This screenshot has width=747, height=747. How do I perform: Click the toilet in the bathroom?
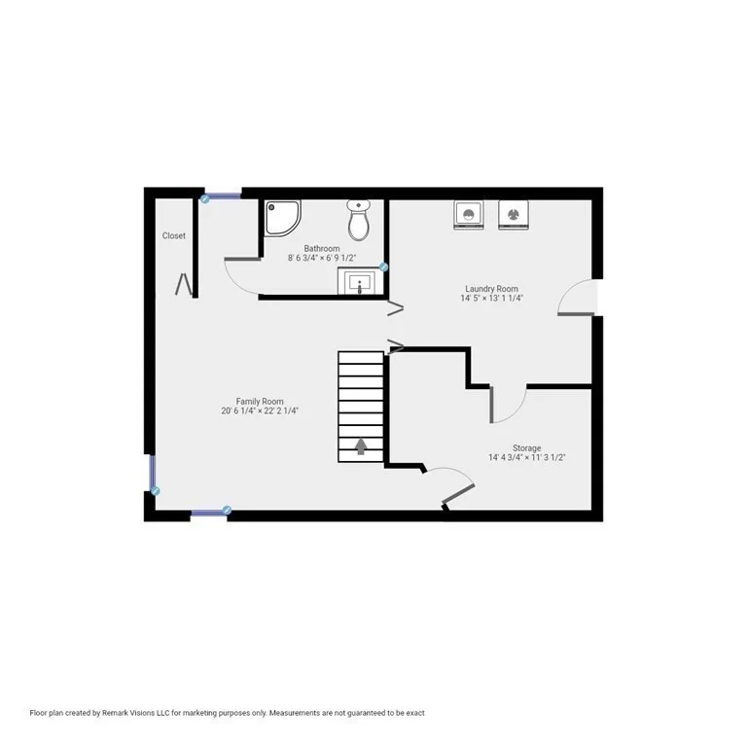click(x=359, y=221)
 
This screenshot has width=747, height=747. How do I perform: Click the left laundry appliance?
click(x=469, y=214)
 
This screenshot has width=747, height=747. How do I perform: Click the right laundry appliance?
click(x=512, y=214)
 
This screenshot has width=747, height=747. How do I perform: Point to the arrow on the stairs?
click(x=361, y=445)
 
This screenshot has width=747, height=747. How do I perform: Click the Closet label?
click(x=174, y=235)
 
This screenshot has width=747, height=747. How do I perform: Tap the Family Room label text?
click(x=260, y=401)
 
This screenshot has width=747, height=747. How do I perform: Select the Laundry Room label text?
click(x=491, y=289)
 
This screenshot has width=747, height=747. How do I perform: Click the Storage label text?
click(x=527, y=448)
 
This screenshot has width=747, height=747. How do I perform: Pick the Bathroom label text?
click(x=322, y=249)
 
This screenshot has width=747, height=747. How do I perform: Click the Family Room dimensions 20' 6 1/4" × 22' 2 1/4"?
click(x=260, y=411)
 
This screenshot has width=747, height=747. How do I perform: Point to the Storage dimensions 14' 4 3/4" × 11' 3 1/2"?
click(x=527, y=458)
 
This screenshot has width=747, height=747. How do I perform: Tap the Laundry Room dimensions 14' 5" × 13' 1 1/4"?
click(x=491, y=299)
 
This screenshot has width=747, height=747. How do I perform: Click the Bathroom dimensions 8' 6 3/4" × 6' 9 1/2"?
click(x=322, y=259)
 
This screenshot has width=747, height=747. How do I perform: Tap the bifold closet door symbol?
click(x=184, y=284)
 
